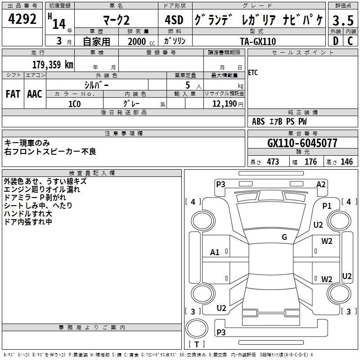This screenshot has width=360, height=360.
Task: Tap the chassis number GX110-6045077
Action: [302, 143]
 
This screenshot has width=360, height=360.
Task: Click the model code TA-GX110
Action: [258, 41]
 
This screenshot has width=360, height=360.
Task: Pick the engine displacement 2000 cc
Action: [138, 41]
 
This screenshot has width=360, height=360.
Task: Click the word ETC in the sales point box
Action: [253, 73]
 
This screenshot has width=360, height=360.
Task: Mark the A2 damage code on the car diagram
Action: [321, 184]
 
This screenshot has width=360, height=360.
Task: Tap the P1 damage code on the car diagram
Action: [327, 206]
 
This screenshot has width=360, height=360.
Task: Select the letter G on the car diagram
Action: [284, 237]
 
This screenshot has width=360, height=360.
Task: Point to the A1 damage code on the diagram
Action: [215, 252]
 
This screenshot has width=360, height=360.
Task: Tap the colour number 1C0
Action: [75, 104]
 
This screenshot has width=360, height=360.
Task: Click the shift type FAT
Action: [13, 94]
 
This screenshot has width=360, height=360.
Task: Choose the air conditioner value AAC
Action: [35, 94]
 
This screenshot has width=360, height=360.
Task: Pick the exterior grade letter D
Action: [335, 41]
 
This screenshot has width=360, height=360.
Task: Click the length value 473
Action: [273, 162]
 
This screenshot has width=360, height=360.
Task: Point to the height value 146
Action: [346, 162]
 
